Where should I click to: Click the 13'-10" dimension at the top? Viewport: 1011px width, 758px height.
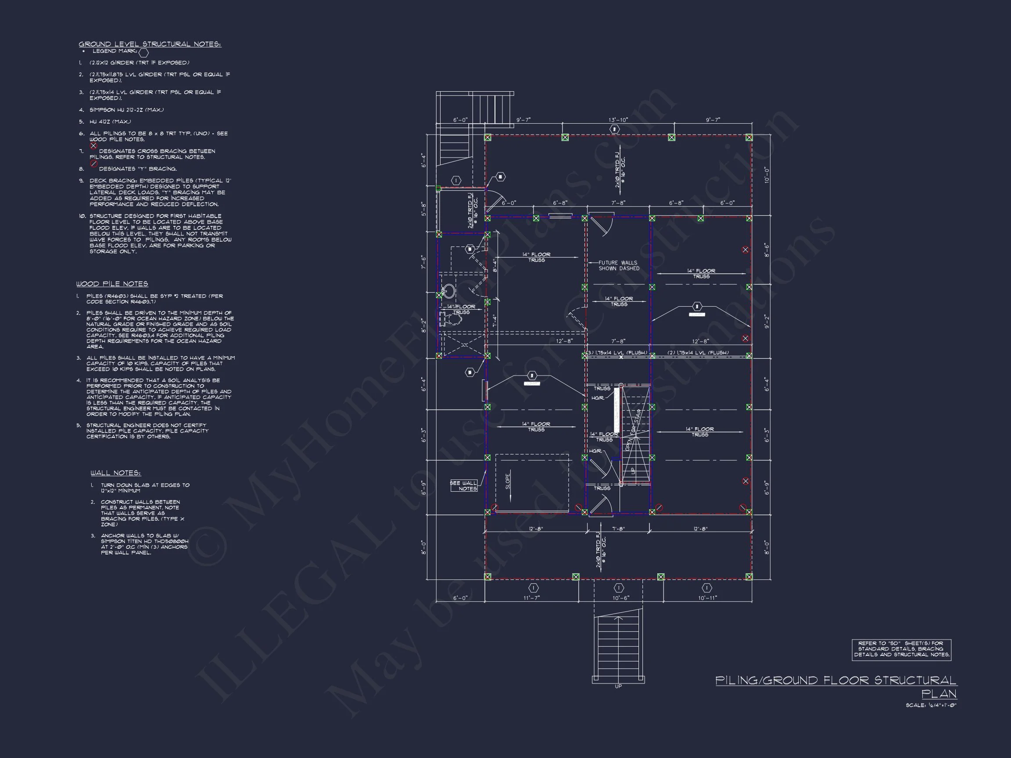618,120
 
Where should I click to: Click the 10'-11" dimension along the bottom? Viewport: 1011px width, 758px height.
707,597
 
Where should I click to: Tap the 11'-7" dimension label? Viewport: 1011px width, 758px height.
531,597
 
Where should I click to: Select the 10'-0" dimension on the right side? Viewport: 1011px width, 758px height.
767,175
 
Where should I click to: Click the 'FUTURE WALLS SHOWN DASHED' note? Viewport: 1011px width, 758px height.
618,265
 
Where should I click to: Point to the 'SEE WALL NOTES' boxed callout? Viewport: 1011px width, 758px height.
464,486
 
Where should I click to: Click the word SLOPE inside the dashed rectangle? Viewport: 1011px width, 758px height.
508,481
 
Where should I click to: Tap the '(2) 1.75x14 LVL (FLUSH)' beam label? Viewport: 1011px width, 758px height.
698,352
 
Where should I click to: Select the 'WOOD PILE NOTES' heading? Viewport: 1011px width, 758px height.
112,284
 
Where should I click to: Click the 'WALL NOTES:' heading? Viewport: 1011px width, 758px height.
116,473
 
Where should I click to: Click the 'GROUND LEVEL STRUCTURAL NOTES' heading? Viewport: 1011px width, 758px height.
150,44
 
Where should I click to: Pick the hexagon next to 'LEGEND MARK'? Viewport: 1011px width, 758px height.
143,53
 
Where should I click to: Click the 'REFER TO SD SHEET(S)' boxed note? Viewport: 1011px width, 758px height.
901,649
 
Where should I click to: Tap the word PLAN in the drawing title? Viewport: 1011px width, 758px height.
939,694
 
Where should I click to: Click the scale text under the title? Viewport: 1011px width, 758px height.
931,705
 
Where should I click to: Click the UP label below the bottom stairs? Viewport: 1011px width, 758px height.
618,686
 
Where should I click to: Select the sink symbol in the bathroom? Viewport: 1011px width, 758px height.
449,290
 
